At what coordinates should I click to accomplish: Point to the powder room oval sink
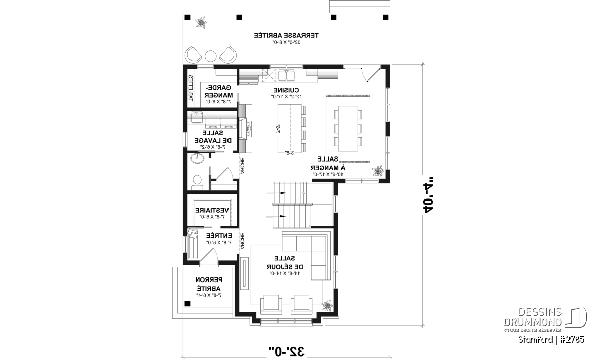pos(198,158)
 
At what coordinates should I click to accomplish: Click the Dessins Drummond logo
pos(545,318)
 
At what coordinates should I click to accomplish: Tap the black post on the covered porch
pos(187,304)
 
